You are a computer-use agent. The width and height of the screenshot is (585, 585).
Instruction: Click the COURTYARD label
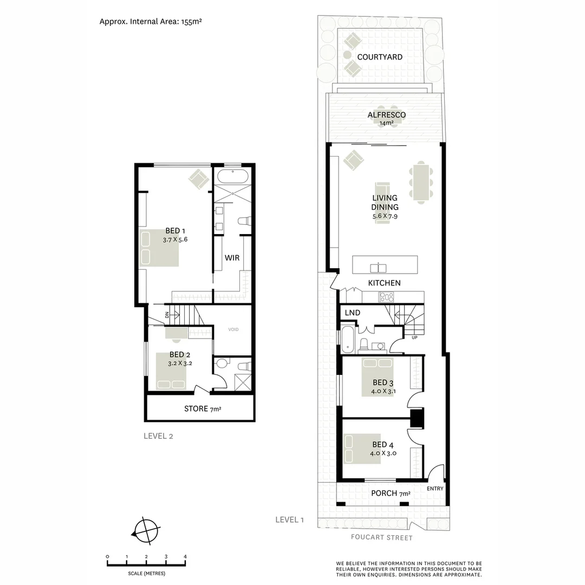[x=379, y=57]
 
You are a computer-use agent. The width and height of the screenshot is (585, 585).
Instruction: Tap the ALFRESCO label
[x=386, y=115]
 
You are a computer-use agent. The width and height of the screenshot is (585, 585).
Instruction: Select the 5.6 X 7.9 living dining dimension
[x=385, y=217]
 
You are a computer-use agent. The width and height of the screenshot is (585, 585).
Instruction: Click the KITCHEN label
[x=384, y=283]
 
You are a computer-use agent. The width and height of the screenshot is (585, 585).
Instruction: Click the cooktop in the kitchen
[x=386, y=296]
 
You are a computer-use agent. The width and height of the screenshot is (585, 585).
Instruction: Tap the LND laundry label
[x=352, y=313]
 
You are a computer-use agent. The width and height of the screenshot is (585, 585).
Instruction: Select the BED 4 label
[x=383, y=446]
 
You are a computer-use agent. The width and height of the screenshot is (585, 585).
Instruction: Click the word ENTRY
[x=435, y=489]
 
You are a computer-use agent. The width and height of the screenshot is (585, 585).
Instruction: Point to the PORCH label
[x=384, y=493]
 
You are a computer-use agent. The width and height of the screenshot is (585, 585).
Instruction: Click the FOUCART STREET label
[x=381, y=538]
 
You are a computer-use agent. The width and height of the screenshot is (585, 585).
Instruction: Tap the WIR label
[x=232, y=257]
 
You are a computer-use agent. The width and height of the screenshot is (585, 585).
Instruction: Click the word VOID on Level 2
[x=233, y=329]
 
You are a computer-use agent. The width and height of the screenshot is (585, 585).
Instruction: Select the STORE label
[x=196, y=408]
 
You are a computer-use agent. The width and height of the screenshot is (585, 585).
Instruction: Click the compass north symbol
[x=146, y=530]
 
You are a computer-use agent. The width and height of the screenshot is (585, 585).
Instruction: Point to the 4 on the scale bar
[x=185, y=557]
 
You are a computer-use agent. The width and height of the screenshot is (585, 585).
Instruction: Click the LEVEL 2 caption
[x=158, y=435]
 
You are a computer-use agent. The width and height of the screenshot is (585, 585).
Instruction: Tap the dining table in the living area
[x=420, y=183]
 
